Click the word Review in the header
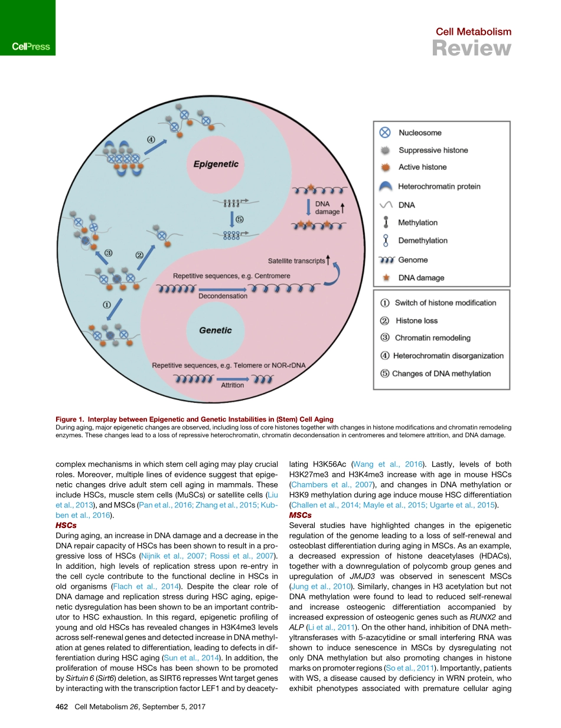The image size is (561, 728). point(471,48)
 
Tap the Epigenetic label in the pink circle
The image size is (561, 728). point(216,164)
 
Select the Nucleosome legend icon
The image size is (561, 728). point(385,133)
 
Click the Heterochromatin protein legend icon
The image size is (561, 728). point(385,186)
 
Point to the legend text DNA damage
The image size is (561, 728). point(421,277)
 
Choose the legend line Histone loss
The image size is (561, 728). point(416,320)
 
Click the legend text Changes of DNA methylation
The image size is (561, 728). point(441,373)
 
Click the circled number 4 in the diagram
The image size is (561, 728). point(151,140)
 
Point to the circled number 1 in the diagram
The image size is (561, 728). point(106,305)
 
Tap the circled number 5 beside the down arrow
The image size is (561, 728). point(239,219)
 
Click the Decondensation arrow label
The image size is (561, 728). point(223,296)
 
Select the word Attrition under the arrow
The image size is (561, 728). point(232,385)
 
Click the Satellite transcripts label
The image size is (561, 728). point(296,261)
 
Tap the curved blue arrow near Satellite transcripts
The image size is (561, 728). point(334,275)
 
